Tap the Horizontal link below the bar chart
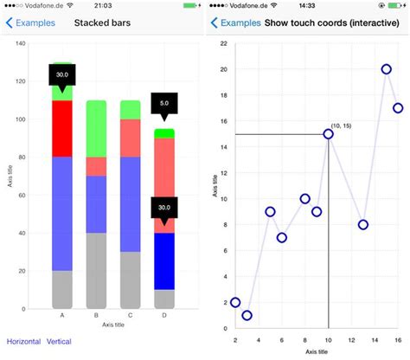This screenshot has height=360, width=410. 23,342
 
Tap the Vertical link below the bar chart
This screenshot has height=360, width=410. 59,342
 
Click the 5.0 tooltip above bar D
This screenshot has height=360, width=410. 163,103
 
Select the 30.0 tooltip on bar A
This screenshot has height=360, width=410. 62,74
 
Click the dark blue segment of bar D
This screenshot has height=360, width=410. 163,260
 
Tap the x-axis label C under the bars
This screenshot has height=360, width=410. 130,316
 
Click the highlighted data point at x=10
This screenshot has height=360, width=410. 329,134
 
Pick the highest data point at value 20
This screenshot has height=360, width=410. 386,69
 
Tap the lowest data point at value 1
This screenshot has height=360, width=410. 247,315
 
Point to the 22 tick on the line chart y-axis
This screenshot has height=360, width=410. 224,43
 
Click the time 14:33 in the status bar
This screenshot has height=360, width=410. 307,6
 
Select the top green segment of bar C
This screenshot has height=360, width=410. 130,109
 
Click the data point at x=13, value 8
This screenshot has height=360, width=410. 363,225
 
